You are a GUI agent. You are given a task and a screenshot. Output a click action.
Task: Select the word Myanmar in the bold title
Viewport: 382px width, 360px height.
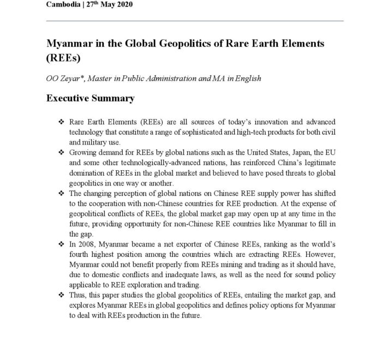point(70,43)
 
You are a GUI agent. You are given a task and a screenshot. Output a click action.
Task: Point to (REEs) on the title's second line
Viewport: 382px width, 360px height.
point(64,57)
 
